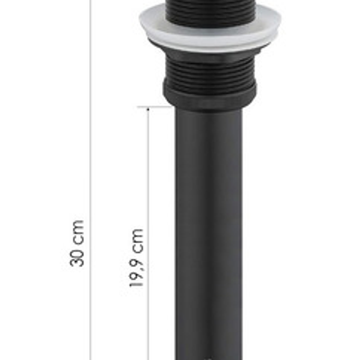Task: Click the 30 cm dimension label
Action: [77, 243]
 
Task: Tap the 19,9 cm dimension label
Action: [136, 258]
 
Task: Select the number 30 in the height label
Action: [77, 256]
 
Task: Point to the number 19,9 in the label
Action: [136, 272]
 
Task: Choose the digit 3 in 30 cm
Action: [77, 261]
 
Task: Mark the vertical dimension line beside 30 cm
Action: [90, 142]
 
